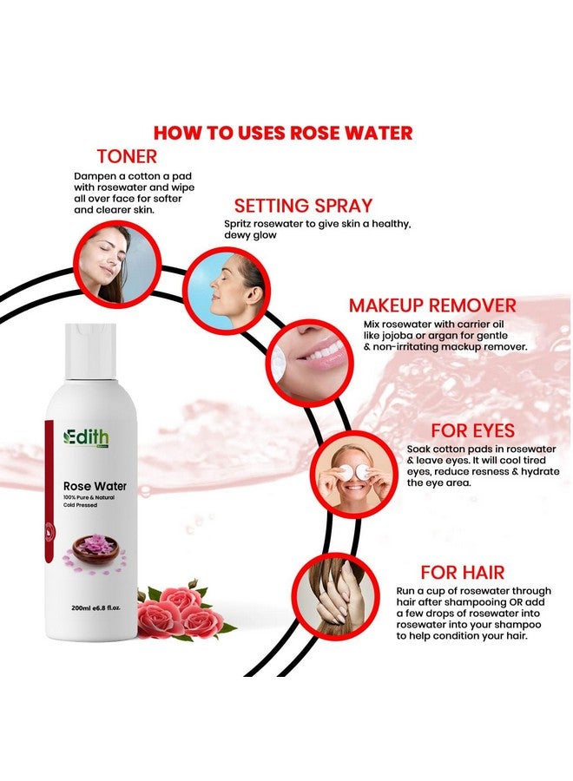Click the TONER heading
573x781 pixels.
click(127, 156)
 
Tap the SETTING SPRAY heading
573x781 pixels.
click(303, 206)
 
